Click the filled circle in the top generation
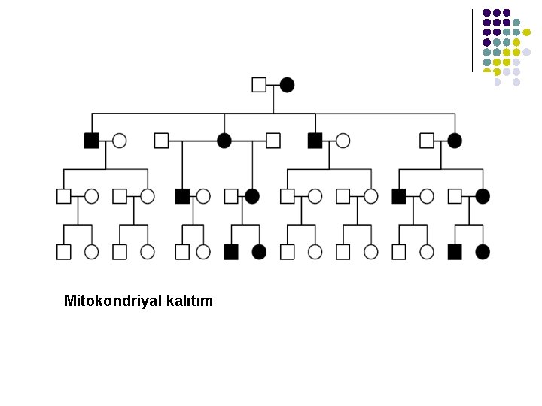click(x=287, y=84)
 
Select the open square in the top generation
click(x=259, y=84)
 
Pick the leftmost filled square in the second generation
click(x=91, y=140)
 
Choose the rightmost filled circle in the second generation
click(x=454, y=140)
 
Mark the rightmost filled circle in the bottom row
click(x=483, y=252)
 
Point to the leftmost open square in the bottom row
click(x=63, y=252)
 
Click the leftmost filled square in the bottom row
click(x=231, y=252)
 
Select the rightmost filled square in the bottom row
click(x=454, y=252)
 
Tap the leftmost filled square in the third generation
click(x=181, y=196)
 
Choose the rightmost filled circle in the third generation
click(x=483, y=196)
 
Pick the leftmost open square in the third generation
click(x=63, y=196)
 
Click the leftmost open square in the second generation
click(x=161, y=140)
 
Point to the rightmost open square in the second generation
click(x=427, y=140)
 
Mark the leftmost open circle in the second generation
click(x=119, y=140)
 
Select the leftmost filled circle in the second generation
click(x=224, y=140)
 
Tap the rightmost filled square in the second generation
click(x=315, y=140)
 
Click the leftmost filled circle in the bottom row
click(x=259, y=252)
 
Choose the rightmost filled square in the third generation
click(x=399, y=196)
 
